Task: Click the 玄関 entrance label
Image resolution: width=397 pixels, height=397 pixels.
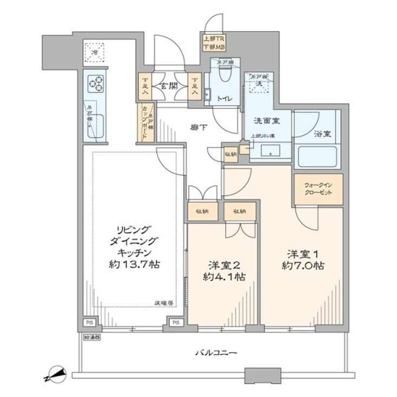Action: click(x=169, y=85)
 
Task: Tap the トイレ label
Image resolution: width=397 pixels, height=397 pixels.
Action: click(x=225, y=99)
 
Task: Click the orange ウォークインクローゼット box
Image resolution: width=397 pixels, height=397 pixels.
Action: click(x=318, y=189)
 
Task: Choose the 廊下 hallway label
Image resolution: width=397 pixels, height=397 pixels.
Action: click(x=198, y=128)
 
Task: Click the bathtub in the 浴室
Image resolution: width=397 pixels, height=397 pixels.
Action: click(x=318, y=157)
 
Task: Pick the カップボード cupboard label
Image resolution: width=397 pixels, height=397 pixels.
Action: click(x=144, y=123)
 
